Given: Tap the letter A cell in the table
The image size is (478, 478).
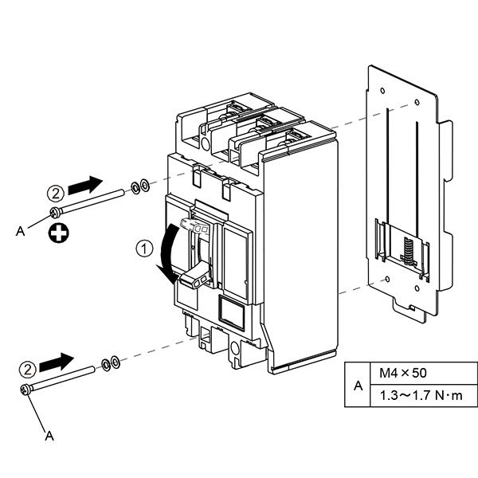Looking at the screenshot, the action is point(358,386).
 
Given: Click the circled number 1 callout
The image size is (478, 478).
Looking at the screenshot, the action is point(144,249).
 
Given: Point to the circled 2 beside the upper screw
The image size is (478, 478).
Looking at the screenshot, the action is point(56,193).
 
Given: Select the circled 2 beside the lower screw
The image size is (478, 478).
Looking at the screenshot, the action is point(28,370).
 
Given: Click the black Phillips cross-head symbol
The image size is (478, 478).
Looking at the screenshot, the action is point(58,233).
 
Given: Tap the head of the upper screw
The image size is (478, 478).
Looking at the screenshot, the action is point(55,213).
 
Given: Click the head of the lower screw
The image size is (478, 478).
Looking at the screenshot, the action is point(25,390).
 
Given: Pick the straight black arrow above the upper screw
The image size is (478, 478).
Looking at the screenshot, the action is point(85,185).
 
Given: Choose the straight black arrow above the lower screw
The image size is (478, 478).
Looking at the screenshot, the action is point(57,362).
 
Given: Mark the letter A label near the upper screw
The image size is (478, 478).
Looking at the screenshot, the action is point(20,231).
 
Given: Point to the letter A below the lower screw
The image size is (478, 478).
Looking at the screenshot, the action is point(49,436).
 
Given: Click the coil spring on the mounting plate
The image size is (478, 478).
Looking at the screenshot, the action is point(408,250).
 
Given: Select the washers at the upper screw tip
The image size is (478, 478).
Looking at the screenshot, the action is point(140,186).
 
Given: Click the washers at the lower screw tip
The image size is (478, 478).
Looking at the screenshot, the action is point(111,363).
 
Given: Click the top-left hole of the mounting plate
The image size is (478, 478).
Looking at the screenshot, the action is point(382,91).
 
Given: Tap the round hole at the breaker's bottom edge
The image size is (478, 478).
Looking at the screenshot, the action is point(235,347).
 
